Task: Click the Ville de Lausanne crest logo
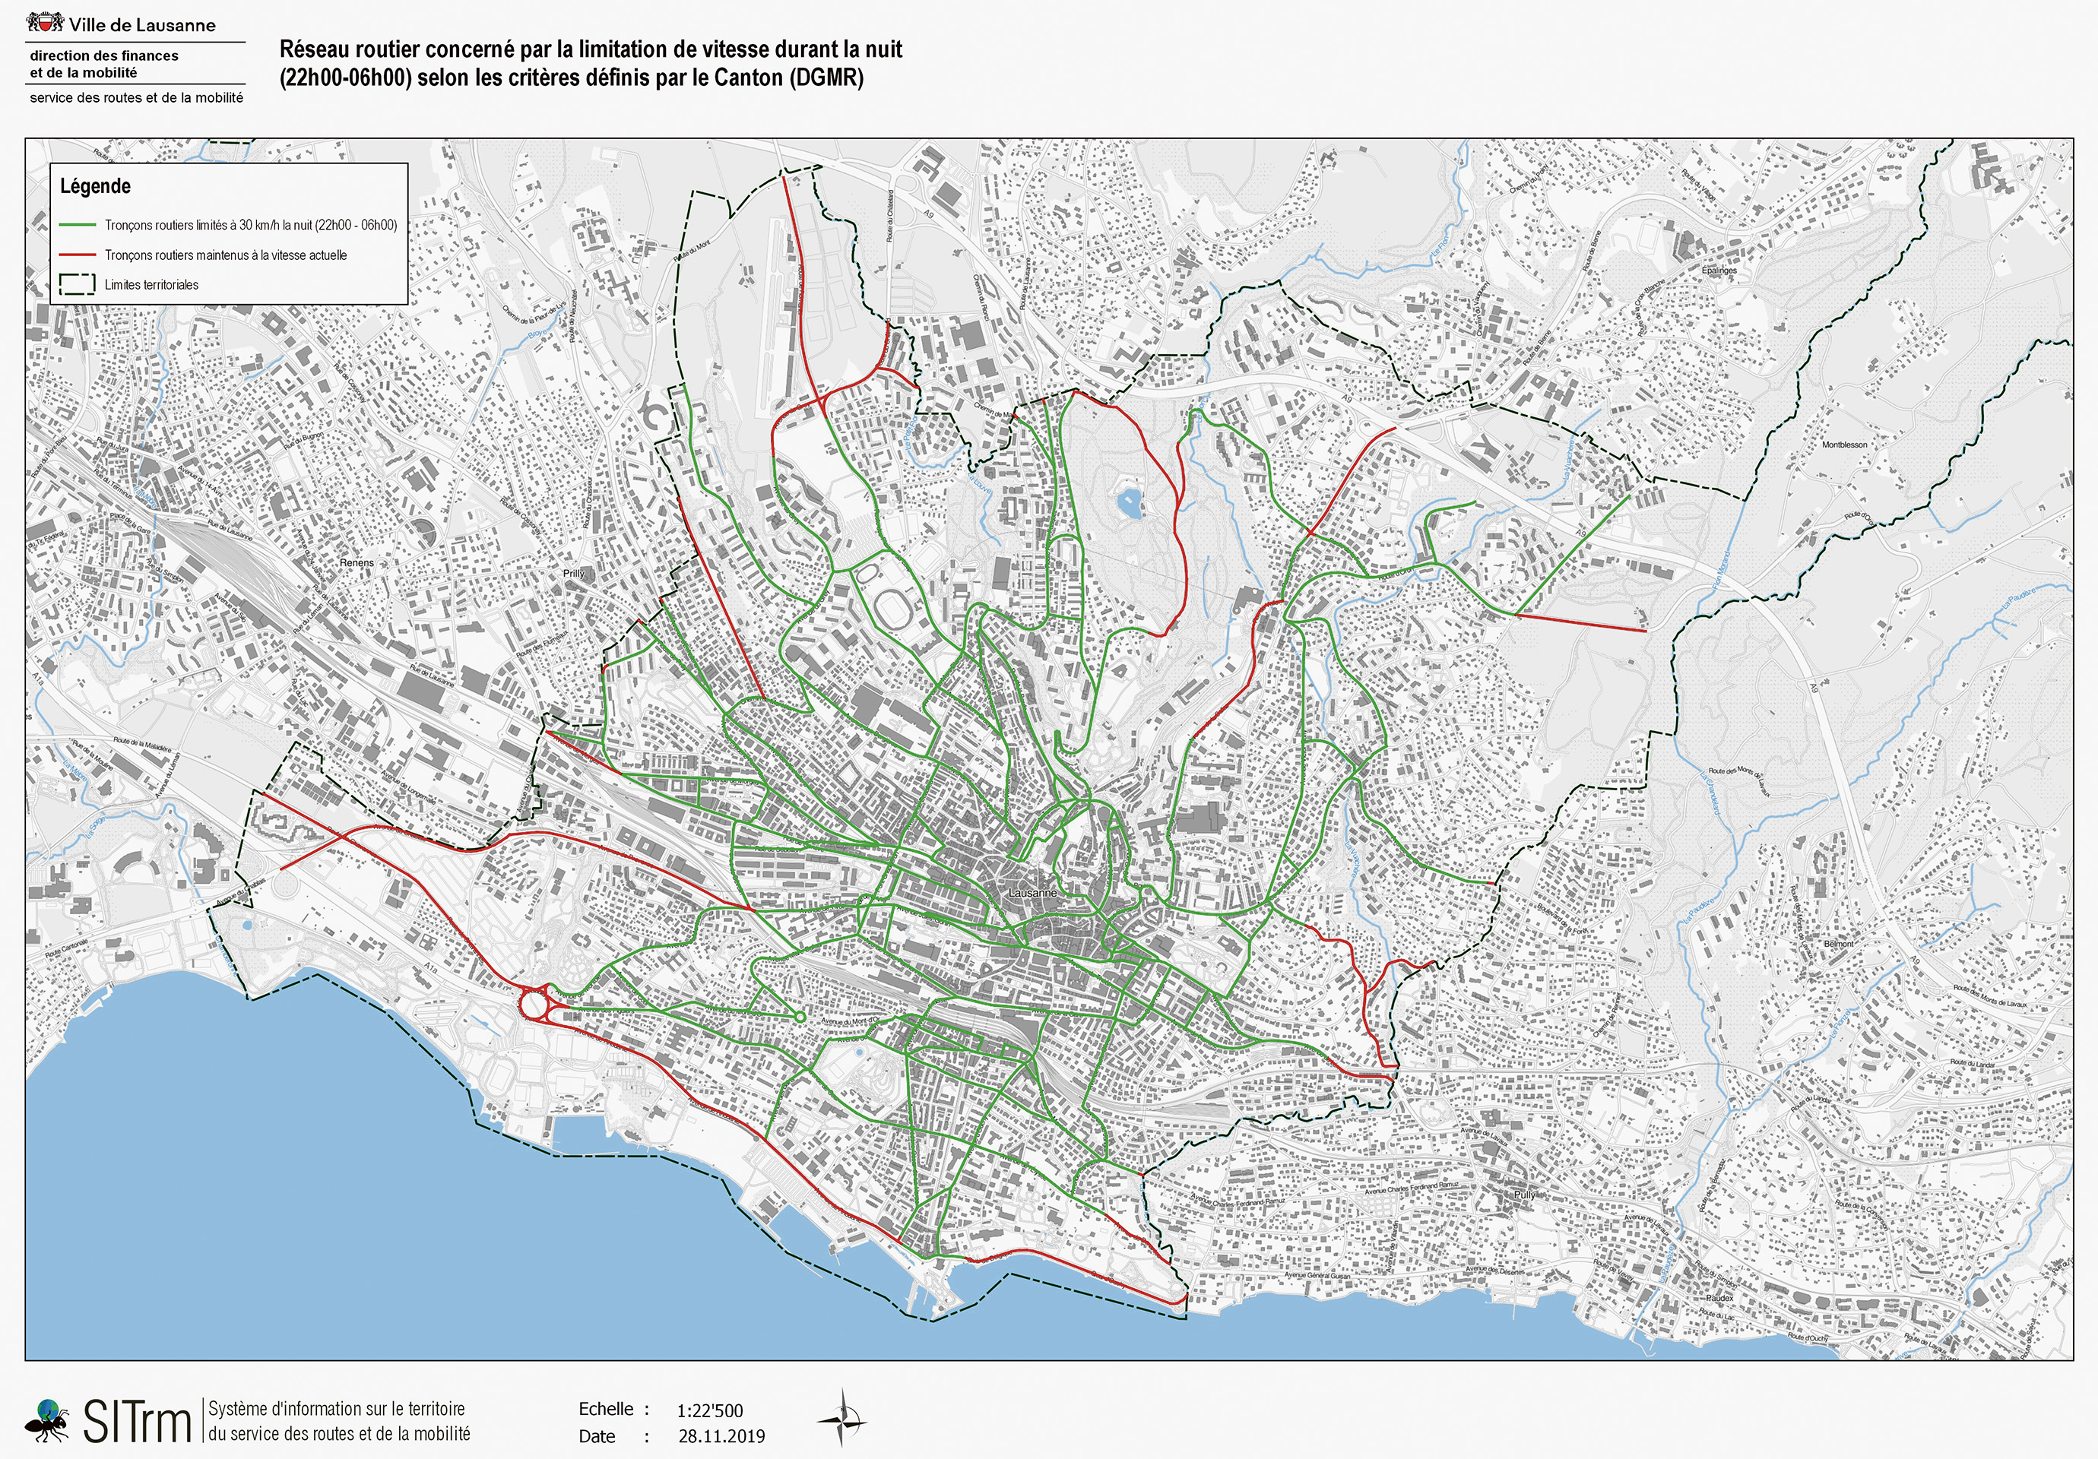45,22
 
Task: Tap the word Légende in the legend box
95,186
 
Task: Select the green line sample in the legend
77,225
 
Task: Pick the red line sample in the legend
77,255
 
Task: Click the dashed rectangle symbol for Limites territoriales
77,284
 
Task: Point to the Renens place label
357,563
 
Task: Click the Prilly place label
573,574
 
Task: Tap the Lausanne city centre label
1032,893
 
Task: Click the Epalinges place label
1719,271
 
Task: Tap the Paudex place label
1719,1297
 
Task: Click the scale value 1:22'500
709,1410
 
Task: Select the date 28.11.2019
721,1436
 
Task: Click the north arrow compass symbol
841,1418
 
